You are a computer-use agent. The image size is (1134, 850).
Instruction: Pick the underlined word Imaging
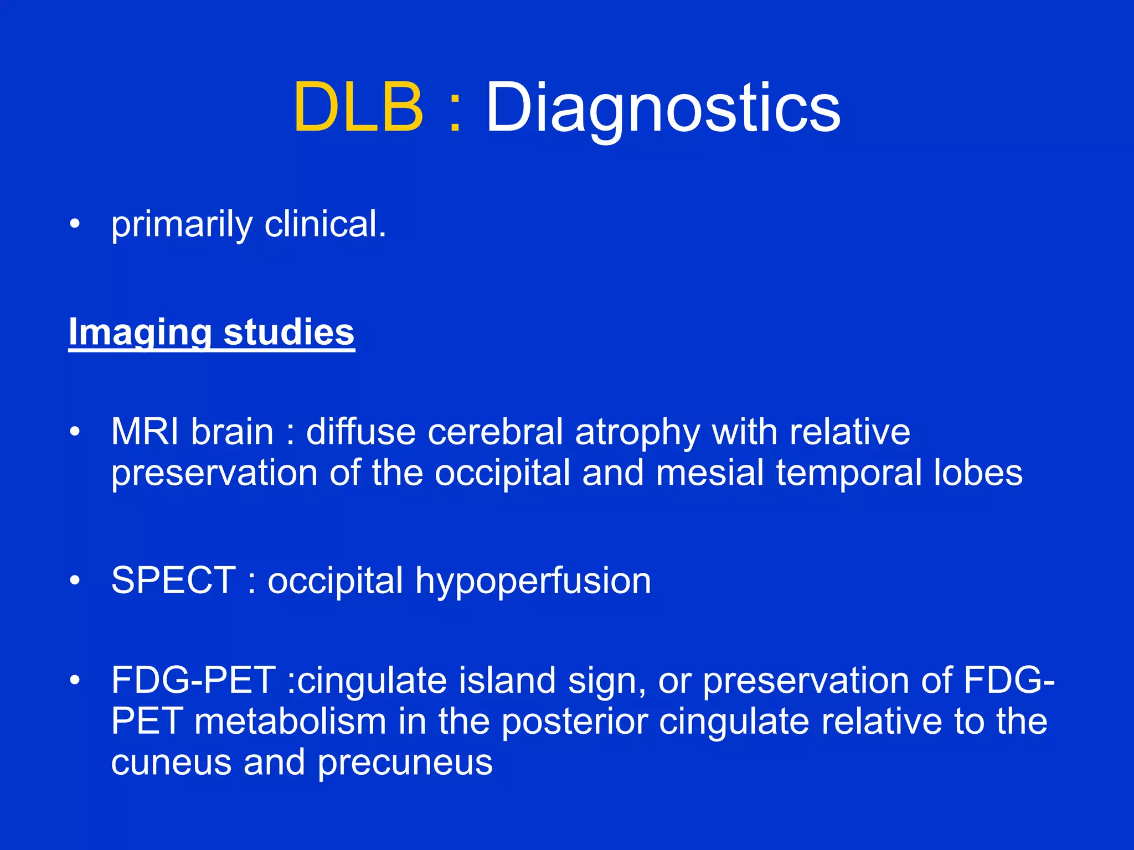click(140, 333)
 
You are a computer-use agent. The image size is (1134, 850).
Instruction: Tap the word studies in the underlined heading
click(288, 331)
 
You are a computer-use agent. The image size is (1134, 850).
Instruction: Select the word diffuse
click(360, 432)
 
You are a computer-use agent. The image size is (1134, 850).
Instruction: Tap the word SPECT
click(174, 581)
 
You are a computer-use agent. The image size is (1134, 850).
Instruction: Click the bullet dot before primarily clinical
click(75, 225)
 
